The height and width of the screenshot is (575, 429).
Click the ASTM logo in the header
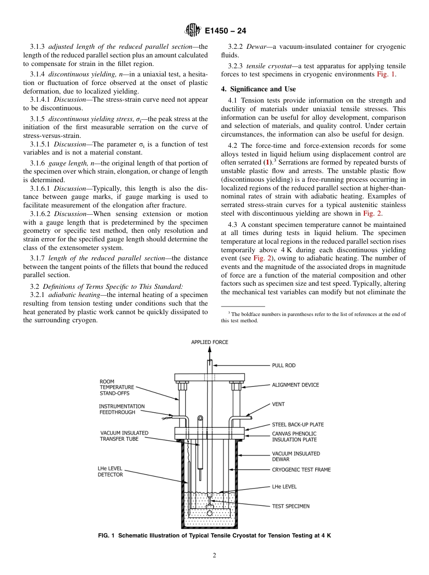click(x=192, y=31)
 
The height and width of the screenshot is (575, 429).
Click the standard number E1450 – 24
click(x=225, y=31)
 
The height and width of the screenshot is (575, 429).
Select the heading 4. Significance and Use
click(x=258, y=89)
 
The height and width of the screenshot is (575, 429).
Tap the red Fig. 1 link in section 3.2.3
click(x=386, y=75)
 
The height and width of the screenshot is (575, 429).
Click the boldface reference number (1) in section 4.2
click(x=268, y=162)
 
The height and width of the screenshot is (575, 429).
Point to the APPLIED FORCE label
click(x=210, y=342)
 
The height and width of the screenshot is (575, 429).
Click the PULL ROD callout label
click(x=284, y=365)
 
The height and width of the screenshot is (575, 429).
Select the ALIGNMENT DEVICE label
click(x=295, y=385)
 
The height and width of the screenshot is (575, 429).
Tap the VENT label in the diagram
click(x=278, y=404)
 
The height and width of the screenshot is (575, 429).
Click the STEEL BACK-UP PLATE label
click(x=298, y=424)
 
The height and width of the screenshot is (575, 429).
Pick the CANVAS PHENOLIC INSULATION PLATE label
click(x=294, y=437)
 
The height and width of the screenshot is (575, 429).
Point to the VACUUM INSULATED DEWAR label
click(x=296, y=456)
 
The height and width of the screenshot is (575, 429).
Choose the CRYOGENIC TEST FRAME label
click(x=301, y=470)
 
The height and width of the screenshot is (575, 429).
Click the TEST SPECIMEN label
click(x=290, y=506)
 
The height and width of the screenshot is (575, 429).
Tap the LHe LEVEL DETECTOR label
click(x=110, y=471)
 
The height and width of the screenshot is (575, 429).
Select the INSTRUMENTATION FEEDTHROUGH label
click(x=121, y=409)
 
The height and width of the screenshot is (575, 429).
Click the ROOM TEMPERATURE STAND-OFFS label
click(x=117, y=387)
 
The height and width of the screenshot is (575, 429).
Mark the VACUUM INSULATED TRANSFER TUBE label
click(x=124, y=436)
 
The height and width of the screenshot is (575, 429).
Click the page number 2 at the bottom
click(x=214, y=556)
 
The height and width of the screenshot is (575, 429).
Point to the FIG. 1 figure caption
click(x=214, y=536)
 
